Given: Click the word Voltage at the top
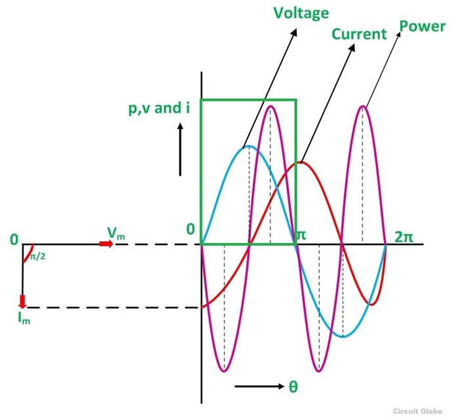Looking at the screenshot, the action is point(301,14).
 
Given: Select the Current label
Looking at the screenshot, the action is point(359,34).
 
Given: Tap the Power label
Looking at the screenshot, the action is point(423,26).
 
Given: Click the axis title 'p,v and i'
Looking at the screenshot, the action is point(159,109).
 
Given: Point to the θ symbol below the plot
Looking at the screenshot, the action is point(293,387).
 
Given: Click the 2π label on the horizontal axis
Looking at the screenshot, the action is point(404,237).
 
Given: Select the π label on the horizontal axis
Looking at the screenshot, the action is point(301,235).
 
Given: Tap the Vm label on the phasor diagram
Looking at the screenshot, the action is point(116,233).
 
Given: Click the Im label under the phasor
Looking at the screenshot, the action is point(24,318).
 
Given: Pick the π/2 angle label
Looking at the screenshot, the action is point(38,256).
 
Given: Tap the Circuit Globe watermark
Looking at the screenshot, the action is point(417,411).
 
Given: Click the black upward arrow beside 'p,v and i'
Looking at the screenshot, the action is point(180,149).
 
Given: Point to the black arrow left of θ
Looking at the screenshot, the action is point(259,387).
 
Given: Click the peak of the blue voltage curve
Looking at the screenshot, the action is point(249,147).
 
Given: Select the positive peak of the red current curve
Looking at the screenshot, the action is point(301,163).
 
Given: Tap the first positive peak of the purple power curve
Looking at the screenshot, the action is point(270,106).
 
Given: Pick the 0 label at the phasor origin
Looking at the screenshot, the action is point(14,240).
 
